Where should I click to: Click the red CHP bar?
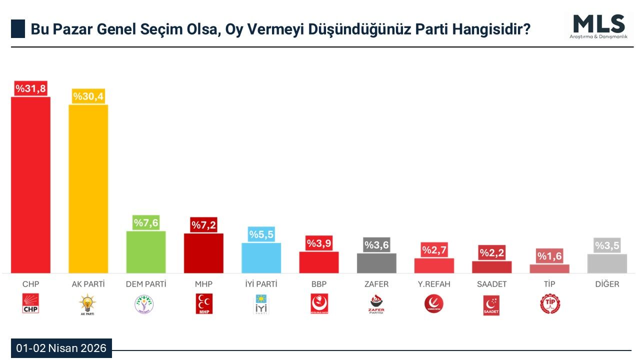[30, 185]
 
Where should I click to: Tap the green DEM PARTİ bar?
[145, 252]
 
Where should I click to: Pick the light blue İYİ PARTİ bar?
[261, 258]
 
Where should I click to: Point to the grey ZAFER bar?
[376, 263]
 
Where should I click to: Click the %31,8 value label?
[30, 88]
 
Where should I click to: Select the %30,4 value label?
[88, 96]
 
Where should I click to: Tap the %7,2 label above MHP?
[203, 225]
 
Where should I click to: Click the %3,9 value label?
[319, 243]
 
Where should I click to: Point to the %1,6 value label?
[549, 256]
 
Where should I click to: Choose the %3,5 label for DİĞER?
[607, 245]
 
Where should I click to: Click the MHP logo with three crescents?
[203, 304]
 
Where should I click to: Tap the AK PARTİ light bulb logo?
[87, 304]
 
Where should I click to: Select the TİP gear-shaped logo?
[549, 304]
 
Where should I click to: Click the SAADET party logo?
[491, 305]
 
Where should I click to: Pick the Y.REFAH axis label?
[434, 284]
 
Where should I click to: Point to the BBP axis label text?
[318, 284]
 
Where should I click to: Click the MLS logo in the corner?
[598, 26]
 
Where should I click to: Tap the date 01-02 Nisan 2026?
[61, 348]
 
